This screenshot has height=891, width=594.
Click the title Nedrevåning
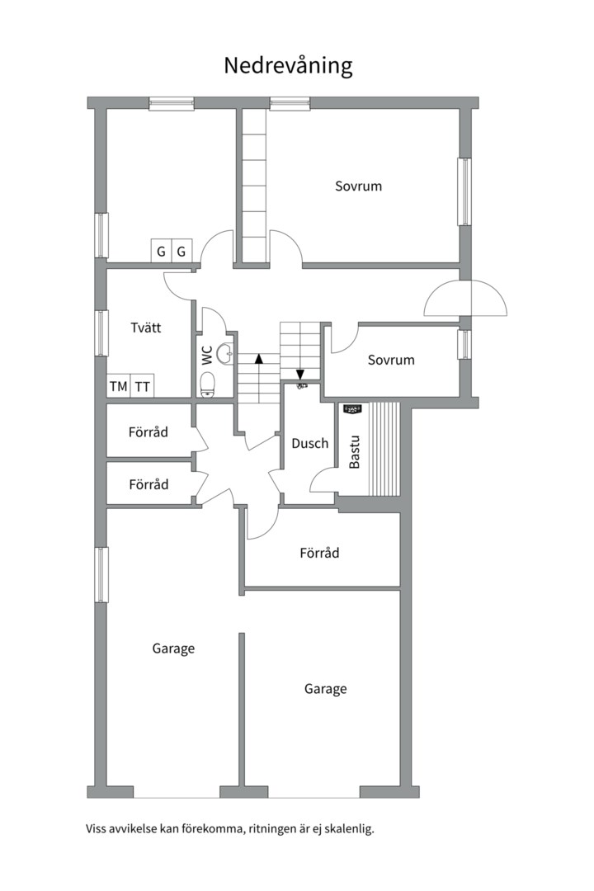(288, 66)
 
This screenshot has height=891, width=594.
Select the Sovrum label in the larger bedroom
(358, 186)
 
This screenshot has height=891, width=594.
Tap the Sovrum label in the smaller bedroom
(391, 361)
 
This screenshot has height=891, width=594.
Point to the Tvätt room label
(146, 328)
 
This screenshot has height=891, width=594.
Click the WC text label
(207, 356)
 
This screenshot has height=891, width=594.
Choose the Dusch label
(309, 443)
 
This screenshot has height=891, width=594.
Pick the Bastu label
(355, 452)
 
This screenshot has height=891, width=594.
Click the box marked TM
(119, 386)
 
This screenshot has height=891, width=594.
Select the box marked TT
(143, 386)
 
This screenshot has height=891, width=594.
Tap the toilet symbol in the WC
(207, 384)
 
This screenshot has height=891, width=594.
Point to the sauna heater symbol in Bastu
(353, 408)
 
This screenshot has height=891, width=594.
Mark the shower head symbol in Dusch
(301, 384)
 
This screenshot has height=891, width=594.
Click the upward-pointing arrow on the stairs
(259, 359)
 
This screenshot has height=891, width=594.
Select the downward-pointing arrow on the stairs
(299, 374)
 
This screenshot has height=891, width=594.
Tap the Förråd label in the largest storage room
(319, 553)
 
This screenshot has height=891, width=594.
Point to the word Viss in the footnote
(97, 829)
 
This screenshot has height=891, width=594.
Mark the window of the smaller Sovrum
(464, 344)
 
